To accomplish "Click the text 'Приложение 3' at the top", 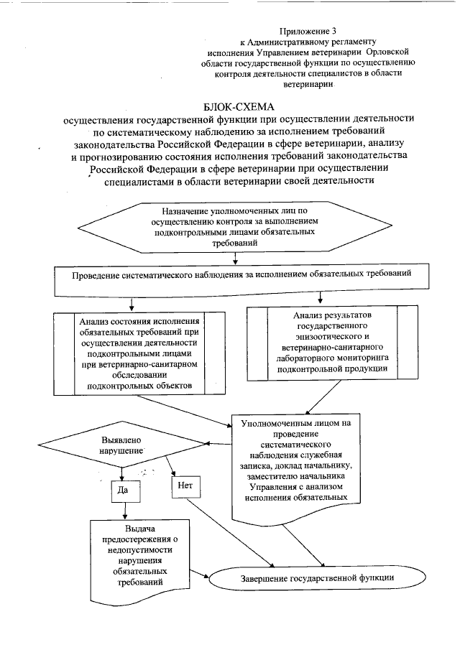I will click(307, 32).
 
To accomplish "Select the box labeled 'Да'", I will click(124, 491).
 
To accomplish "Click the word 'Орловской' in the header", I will click(388, 52).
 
